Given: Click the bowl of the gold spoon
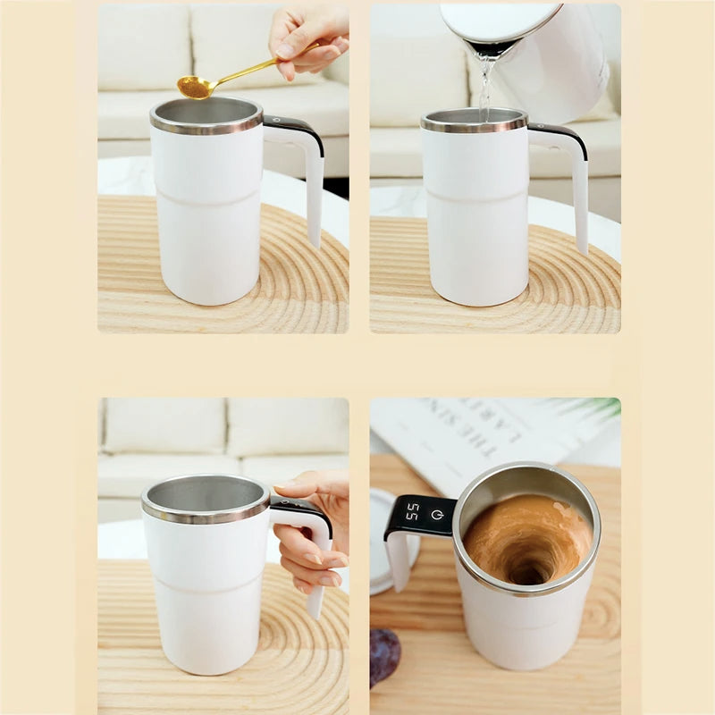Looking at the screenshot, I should point(194,87).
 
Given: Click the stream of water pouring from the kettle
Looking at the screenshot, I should point(485,85).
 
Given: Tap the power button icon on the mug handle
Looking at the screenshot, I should point(438,515).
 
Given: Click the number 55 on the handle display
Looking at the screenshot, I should point(412,512).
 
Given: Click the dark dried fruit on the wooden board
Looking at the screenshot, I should point(385,656).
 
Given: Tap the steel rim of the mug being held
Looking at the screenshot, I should point(206,513).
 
